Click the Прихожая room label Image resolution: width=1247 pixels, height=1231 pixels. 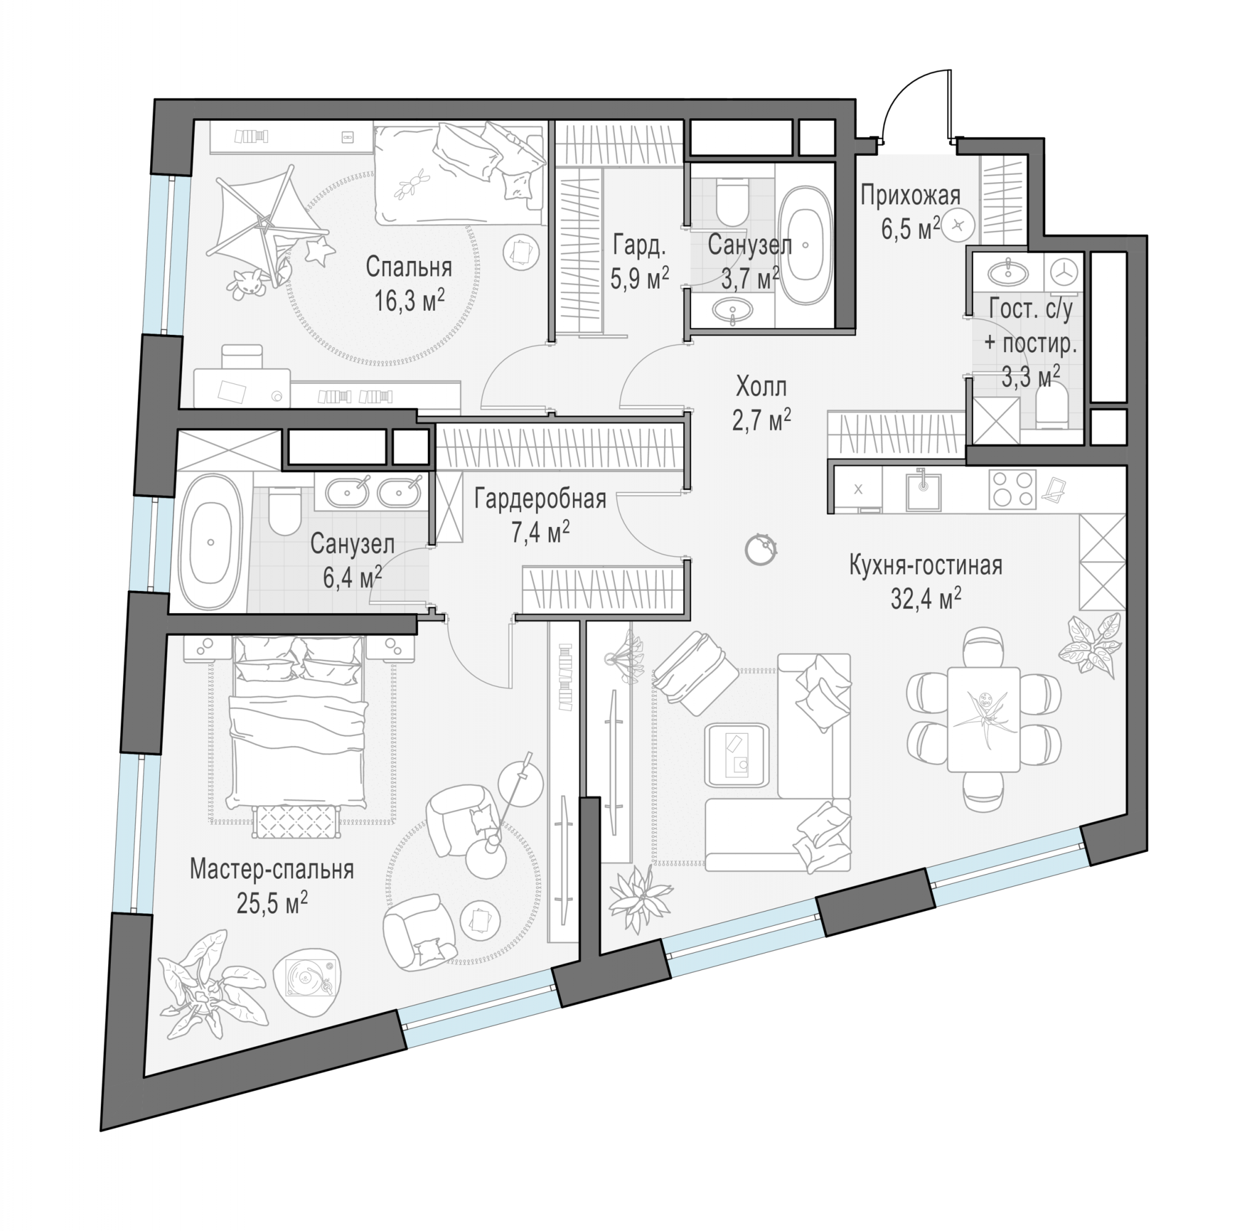click(x=910, y=195)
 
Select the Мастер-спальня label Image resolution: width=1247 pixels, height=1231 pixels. click(x=271, y=870)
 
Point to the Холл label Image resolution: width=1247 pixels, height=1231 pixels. click(x=761, y=387)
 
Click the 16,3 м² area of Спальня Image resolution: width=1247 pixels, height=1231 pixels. click(x=409, y=300)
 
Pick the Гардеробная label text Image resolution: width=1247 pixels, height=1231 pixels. click(x=540, y=499)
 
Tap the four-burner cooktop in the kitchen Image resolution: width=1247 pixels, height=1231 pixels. click(x=1012, y=489)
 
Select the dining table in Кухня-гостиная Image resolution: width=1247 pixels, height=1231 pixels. click(x=983, y=719)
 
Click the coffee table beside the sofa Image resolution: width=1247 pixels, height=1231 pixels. click(x=738, y=755)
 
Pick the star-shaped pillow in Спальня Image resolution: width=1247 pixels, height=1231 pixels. click(x=319, y=250)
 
